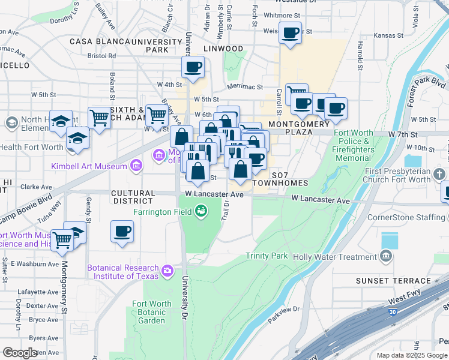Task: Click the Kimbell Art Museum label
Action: pyautogui.click(x=88, y=166)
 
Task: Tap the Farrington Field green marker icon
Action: pyautogui.click(x=202, y=211)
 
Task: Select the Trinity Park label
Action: pyautogui.click(x=267, y=256)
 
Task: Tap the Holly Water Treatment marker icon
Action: pyautogui.click(x=386, y=257)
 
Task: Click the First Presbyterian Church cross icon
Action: pyautogui.click(x=441, y=174)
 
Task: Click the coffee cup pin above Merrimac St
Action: pyautogui.click(x=193, y=67)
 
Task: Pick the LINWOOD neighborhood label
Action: pyautogui.click(x=223, y=49)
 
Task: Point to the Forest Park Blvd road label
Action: pyautogui.click(x=425, y=91)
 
